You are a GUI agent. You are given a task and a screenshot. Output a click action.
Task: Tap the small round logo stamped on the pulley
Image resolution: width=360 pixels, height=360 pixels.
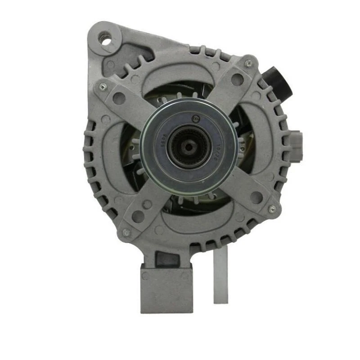click(x=195, y=119)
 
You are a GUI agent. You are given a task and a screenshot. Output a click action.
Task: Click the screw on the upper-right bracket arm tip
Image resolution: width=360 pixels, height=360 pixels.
click(x=248, y=63)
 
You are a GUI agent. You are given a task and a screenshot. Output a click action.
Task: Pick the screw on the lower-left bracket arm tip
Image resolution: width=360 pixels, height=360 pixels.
click(x=126, y=233)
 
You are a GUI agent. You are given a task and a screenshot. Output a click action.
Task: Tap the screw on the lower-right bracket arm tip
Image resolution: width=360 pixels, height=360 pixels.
click(x=271, y=209)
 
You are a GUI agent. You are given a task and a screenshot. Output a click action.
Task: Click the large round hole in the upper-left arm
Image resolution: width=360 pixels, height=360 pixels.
click(x=119, y=98)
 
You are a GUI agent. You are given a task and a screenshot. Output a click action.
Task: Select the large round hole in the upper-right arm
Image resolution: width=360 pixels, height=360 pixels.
click(x=237, y=79)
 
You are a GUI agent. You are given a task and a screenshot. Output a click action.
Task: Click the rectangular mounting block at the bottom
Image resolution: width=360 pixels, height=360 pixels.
click(x=166, y=288)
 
